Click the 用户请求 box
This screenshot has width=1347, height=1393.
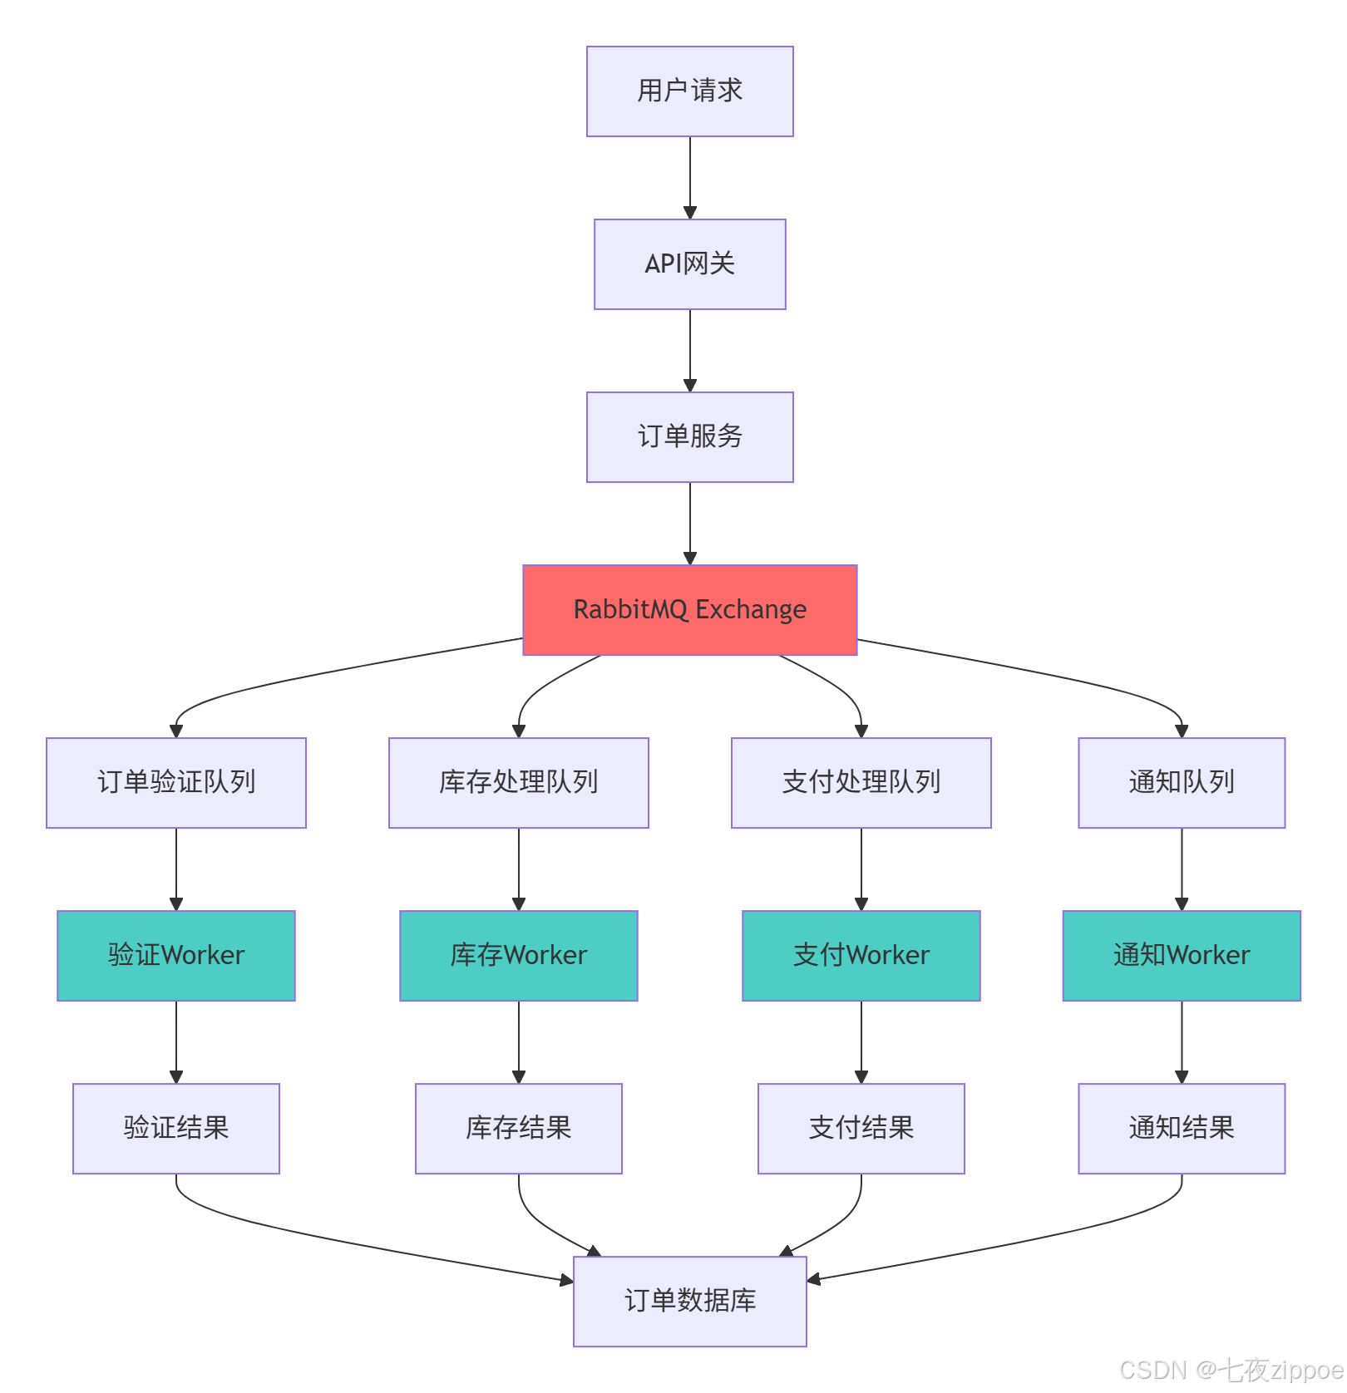click(x=689, y=91)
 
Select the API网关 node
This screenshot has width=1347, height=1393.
click(x=689, y=264)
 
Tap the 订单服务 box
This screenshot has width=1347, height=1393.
click(x=689, y=437)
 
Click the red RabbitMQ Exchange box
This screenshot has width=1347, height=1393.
click(x=689, y=610)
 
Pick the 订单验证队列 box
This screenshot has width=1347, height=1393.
click(x=176, y=783)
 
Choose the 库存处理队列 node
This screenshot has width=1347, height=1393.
click(x=518, y=783)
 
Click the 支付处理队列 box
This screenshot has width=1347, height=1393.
click(x=861, y=783)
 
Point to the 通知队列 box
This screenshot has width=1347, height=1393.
click(x=1181, y=783)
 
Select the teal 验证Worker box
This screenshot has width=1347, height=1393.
click(x=176, y=956)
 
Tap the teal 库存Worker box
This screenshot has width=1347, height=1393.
click(x=518, y=956)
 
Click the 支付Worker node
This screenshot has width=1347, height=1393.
click(x=861, y=956)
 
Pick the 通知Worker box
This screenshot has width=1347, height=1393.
click(x=1181, y=956)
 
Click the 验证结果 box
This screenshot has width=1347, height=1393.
click(x=176, y=1129)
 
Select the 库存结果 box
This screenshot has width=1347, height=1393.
click(x=518, y=1129)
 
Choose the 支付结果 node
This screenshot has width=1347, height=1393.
click(x=861, y=1129)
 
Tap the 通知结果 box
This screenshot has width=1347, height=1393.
click(x=1181, y=1129)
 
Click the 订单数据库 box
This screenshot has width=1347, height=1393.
click(x=689, y=1302)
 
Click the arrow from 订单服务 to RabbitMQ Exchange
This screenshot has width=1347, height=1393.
click(x=689, y=523)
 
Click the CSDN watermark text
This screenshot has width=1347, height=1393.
click(x=1231, y=1370)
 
